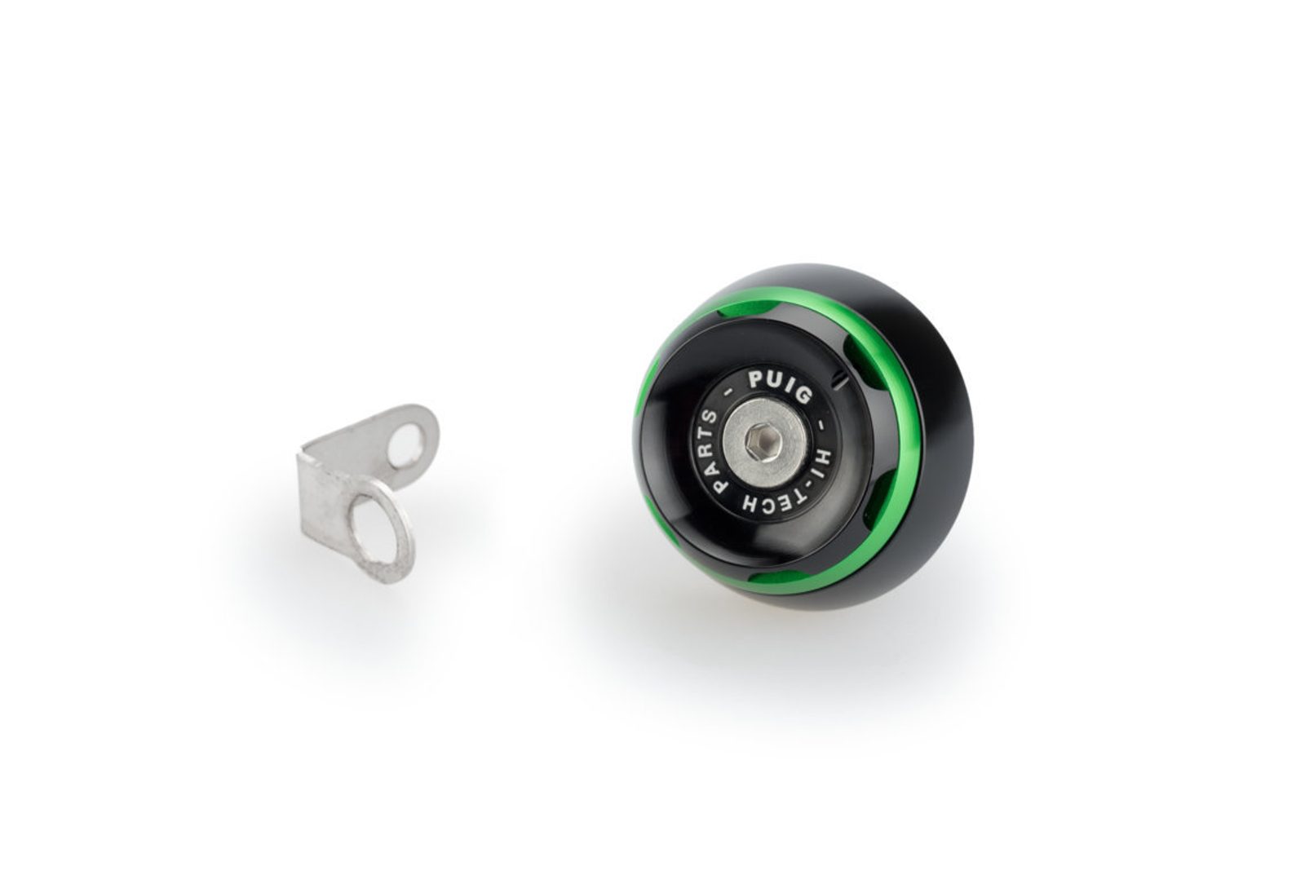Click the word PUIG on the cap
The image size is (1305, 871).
pyautogui.click(x=780, y=388)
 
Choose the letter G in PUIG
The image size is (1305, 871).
pyautogui.click(x=804, y=396)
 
